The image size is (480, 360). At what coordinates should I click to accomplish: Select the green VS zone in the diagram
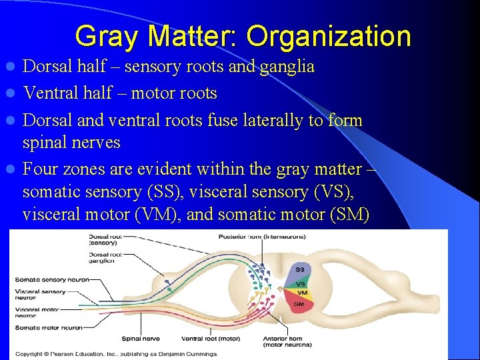[x=301, y=283]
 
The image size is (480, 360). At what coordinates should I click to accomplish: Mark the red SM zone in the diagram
[x=299, y=305]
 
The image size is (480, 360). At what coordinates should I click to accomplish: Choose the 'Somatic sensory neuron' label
[x=49, y=279]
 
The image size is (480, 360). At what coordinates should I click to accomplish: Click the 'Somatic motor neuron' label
[x=49, y=327]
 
